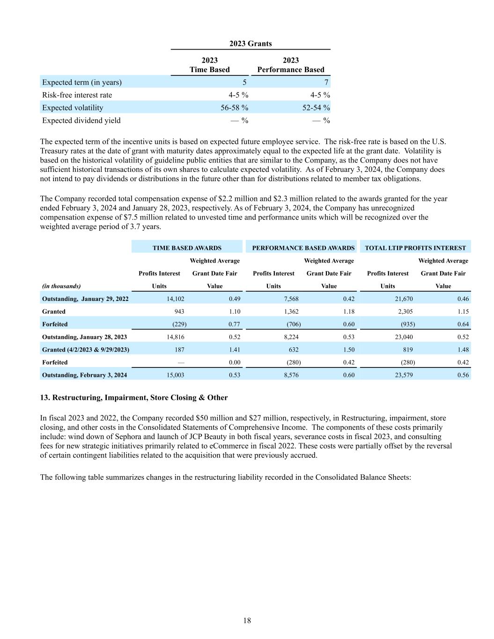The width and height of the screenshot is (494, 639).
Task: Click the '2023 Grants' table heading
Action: coord(250,44)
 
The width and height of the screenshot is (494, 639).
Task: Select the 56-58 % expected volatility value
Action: coord(234,108)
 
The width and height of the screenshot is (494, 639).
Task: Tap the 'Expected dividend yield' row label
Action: coord(81,120)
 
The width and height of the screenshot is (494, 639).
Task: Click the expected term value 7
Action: coord(327,82)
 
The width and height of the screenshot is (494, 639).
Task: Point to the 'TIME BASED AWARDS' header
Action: coord(187,248)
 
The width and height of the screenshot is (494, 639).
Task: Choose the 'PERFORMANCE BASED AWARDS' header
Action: coord(303,248)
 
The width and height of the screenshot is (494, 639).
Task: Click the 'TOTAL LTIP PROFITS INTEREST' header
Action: coord(415,248)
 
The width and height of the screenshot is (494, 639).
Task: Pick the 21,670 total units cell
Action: coord(404,299)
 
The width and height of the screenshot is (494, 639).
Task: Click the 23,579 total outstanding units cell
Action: coord(404,375)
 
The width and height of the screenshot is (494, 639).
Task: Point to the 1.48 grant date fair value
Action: coord(463,349)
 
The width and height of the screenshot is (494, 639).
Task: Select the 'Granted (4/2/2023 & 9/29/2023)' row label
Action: coord(86,349)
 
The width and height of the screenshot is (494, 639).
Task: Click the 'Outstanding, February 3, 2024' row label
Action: coord(84,375)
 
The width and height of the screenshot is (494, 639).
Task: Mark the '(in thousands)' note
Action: coord(61,286)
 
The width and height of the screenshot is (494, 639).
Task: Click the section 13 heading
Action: coord(134,397)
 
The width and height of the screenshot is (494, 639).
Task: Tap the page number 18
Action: coord(247,621)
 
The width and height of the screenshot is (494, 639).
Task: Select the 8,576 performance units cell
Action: coord(291,375)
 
